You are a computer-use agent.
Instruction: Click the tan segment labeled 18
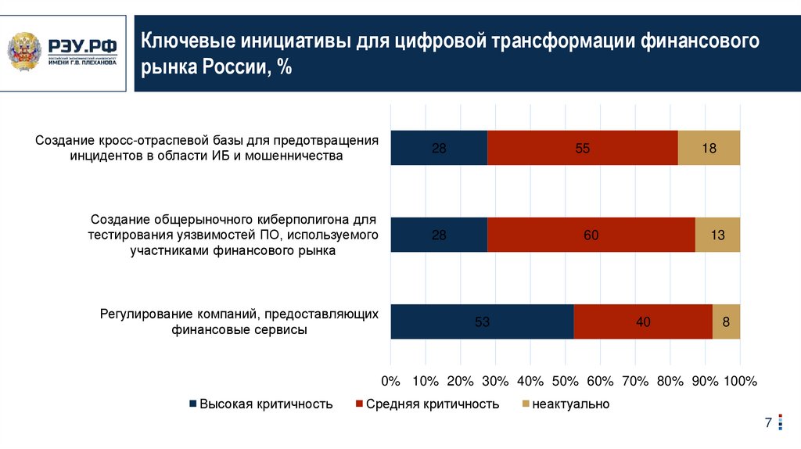pos(709,148)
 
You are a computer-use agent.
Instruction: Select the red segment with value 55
pos(582,148)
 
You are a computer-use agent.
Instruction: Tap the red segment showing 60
pos(591,235)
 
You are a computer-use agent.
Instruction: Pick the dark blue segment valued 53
pos(482,321)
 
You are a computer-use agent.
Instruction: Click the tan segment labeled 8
pos(726,321)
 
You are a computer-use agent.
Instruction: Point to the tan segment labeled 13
pos(717,235)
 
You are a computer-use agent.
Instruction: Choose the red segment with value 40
pos(643,321)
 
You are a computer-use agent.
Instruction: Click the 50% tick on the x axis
pos(565,381)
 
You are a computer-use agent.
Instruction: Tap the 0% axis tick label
pos(390,381)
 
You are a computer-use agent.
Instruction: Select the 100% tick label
pos(740,381)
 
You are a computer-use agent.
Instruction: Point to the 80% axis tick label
pos(670,381)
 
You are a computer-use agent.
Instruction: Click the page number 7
pos(768,423)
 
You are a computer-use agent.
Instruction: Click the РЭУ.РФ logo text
pos(82,46)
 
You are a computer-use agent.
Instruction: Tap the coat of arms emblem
pos(26,52)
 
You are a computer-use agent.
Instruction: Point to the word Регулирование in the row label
pos(140,314)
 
